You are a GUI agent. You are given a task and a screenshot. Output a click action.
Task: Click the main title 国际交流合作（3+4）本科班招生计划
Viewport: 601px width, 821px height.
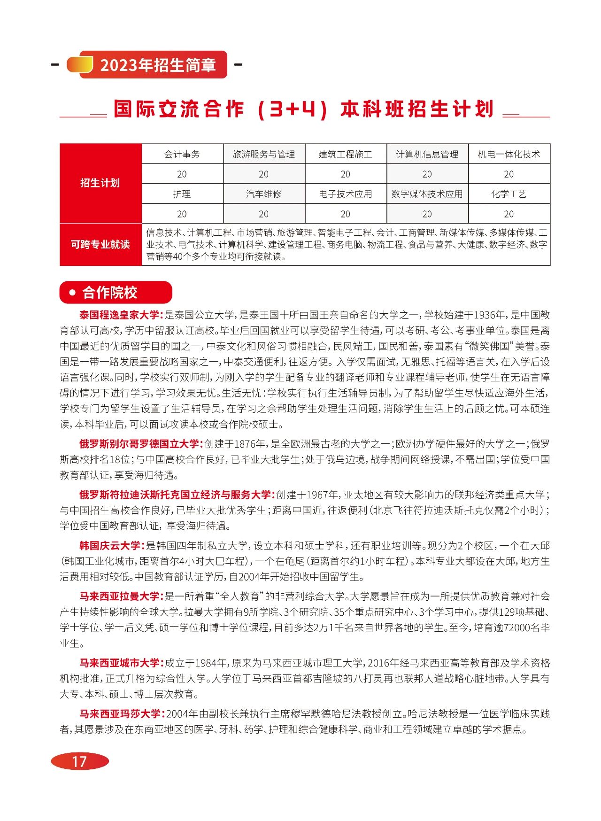point(304,109)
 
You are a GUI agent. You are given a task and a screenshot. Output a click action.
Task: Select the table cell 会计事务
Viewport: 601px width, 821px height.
point(182,154)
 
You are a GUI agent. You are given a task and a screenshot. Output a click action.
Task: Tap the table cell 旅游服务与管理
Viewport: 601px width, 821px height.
point(263,154)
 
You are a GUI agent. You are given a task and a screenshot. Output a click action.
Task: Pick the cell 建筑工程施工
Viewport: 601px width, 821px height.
point(345,154)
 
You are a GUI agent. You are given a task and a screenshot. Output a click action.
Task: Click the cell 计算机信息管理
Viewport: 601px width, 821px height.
point(427,154)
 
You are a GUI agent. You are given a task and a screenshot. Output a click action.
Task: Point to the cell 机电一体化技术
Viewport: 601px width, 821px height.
point(509,154)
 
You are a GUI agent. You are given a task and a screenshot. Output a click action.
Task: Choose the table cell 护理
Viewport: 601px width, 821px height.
point(182,194)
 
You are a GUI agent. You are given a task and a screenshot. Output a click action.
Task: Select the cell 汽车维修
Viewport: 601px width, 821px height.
point(263,194)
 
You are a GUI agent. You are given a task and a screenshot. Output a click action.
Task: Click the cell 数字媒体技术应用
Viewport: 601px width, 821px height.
point(427,194)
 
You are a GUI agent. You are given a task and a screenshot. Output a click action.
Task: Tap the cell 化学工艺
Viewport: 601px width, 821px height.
point(509,194)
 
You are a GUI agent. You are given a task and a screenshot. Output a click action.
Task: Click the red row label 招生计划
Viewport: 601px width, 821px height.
point(100,183)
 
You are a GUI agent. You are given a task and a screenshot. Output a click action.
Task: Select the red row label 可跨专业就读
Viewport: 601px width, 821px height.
point(100,244)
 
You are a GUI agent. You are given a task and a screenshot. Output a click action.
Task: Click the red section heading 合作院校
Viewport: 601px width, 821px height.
point(110,293)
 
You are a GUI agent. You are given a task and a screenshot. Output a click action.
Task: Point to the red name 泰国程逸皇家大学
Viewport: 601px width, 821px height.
point(120,315)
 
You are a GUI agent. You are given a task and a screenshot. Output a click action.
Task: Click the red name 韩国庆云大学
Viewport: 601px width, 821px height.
point(110,545)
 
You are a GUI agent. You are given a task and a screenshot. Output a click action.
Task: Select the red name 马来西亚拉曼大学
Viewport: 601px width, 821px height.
point(120,596)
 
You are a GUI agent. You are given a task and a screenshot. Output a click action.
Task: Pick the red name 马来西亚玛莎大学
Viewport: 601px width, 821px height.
point(120,713)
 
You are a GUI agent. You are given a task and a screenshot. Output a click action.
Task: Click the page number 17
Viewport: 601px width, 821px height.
point(79,761)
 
